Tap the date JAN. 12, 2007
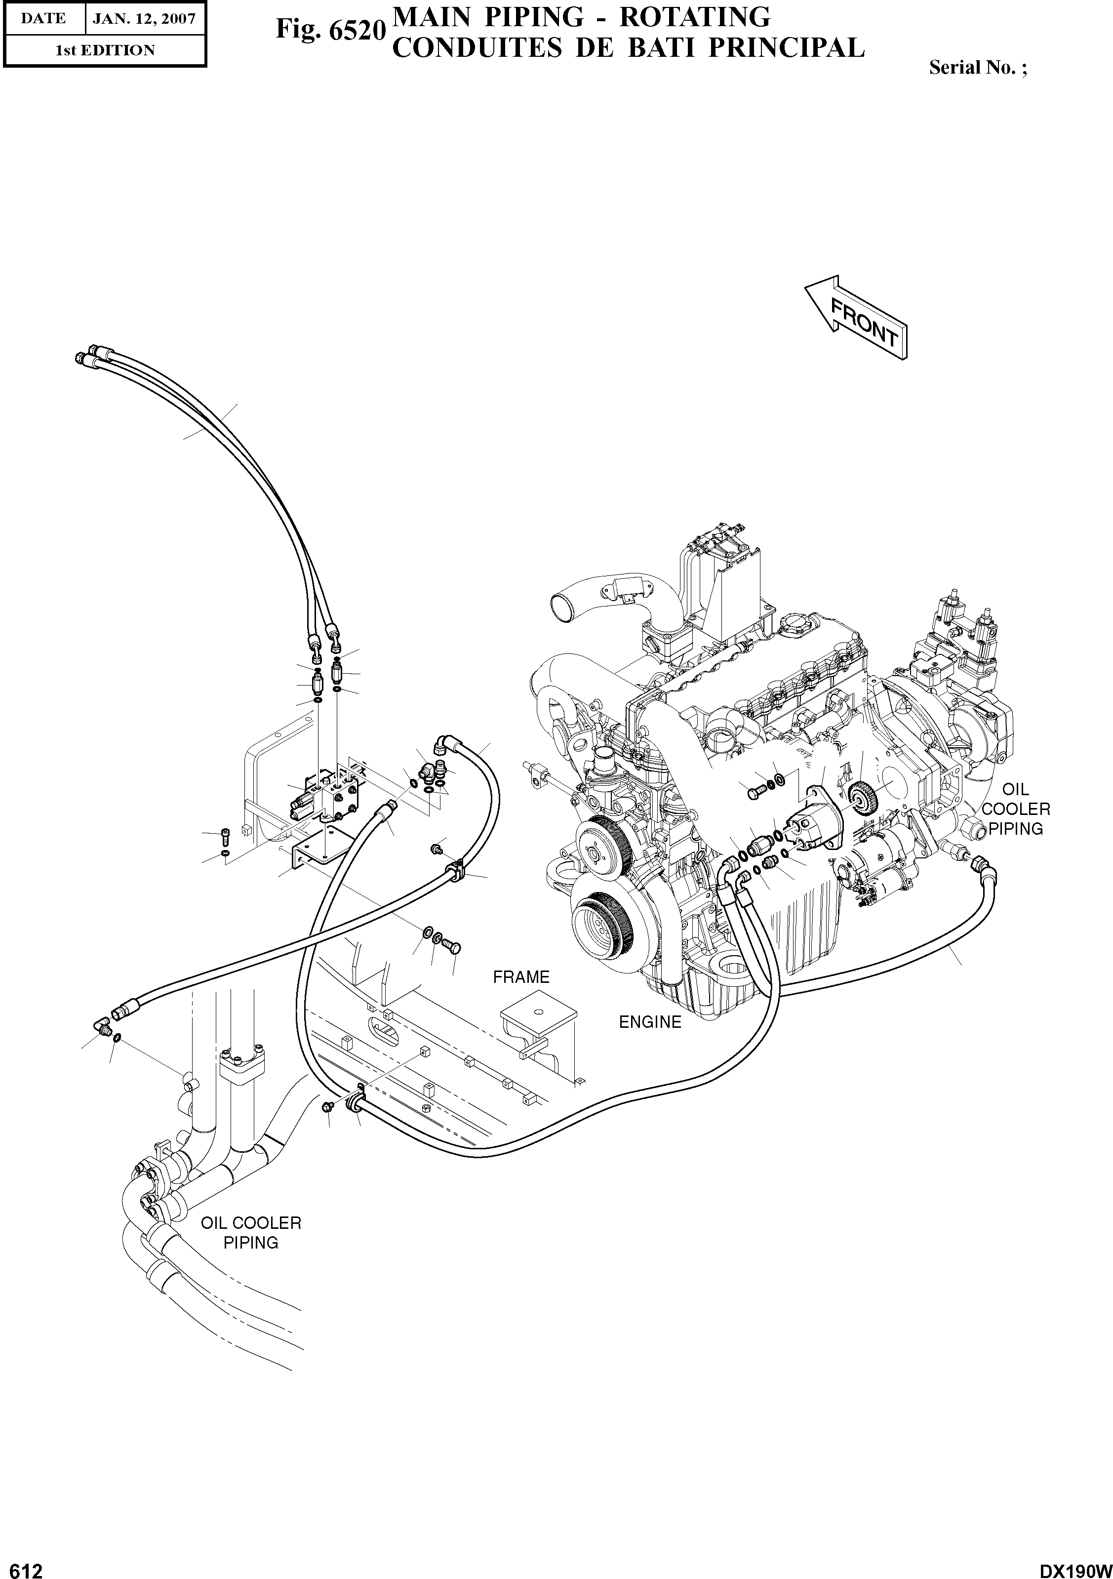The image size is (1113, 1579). pyautogui.click(x=144, y=18)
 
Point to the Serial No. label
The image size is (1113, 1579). pyautogui.click(x=977, y=67)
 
